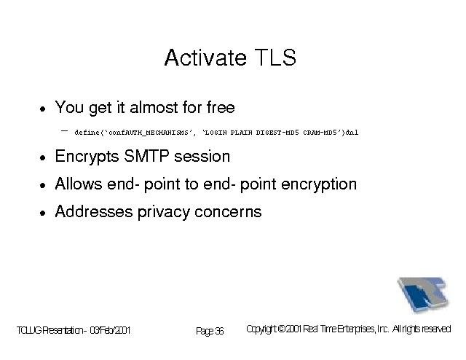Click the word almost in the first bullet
click(x=154, y=107)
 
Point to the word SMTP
click(x=146, y=156)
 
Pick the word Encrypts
click(x=87, y=157)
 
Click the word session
click(x=202, y=157)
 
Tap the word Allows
click(x=79, y=184)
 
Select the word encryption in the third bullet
click(x=319, y=185)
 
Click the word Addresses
click(x=94, y=211)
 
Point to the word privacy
click(x=163, y=213)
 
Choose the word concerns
click(x=228, y=212)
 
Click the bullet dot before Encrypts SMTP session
click(x=43, y=157)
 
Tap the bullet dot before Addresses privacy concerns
click(x=43, y=213)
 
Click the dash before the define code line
click(x=65, y=130)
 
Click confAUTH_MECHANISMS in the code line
click(x=149, y=133)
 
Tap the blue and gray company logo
click(x=423, y=294)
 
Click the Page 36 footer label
click(x=210, y=331)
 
